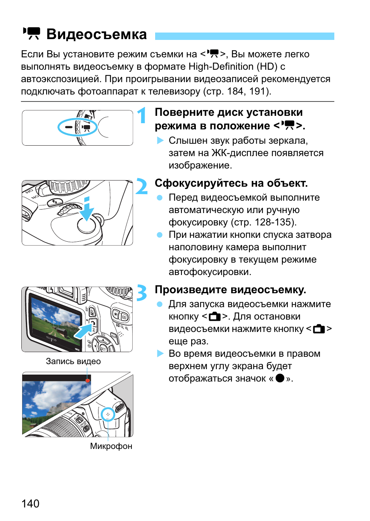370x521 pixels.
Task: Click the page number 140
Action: tap(30, 504)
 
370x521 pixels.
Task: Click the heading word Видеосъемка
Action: tap(97, 34)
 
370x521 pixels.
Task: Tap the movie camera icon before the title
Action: tap(32, 33)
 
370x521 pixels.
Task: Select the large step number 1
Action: tap(142, 115)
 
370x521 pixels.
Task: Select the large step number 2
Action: tap(142, 187)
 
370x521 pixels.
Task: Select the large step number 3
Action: tap(142, 293)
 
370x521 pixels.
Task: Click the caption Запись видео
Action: tap(73, 361)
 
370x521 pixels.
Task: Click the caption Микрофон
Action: tap(111, 446)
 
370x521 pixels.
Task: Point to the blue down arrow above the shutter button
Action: tap(86, 209)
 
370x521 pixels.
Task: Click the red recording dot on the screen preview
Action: tap(88, 380)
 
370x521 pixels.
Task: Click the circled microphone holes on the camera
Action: tap(108, 414)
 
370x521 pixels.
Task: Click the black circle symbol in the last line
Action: tap(280, 378)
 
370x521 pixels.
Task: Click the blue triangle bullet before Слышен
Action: tap(160, 140)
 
